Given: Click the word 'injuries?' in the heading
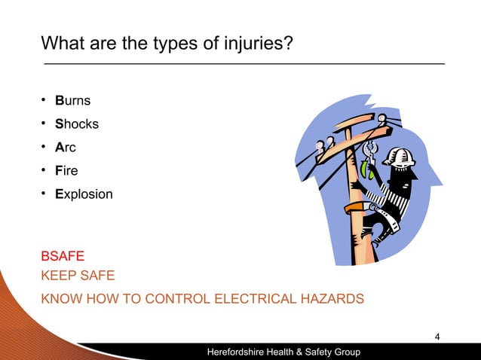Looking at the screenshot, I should [x=255, y=41].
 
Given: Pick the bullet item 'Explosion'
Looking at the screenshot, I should [x=84, y=194].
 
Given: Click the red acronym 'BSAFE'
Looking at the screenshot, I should [x=63, y=257].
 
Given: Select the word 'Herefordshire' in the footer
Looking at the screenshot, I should [x=242, y=352].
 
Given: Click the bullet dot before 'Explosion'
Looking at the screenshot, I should [x=45, y=194].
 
